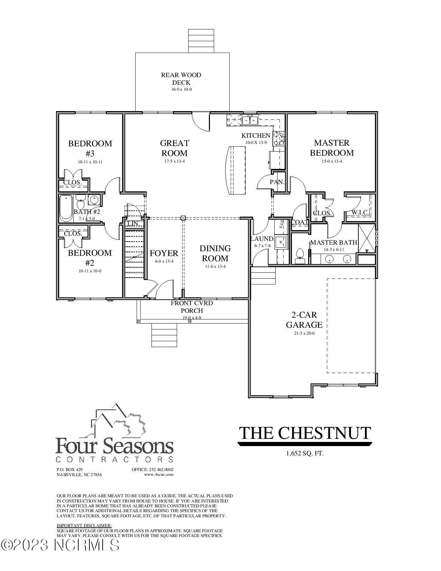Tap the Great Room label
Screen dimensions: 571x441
(x=174, y=148)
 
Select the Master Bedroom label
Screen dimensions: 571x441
(x=332, y=148)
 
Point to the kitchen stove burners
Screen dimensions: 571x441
(x=279, y=138)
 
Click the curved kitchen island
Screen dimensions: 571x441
(x=235, y=171)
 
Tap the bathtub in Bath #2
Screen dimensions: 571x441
(x=66, y=208)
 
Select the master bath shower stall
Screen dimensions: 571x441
(x=366, y=239)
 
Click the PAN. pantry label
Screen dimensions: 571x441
(x=277, y=182)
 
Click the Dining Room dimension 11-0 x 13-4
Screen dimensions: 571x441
(x=215, y=266)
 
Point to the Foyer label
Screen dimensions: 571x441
(x=164, y=253)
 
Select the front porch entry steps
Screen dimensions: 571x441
(x=165, y=335)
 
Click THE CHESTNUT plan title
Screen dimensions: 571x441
(x=305, y=433)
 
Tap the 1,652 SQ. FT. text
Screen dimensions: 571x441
(x=305, y=453)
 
